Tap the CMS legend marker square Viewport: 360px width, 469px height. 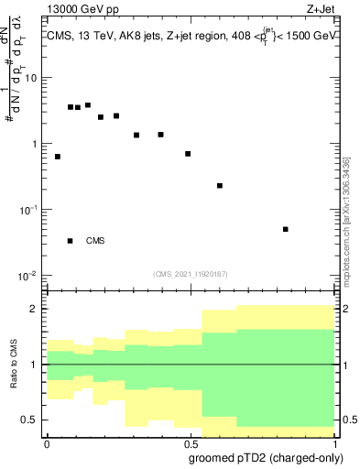pos(71,241)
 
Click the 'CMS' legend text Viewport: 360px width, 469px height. pos(95,241)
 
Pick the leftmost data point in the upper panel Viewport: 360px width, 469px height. pos(58,157)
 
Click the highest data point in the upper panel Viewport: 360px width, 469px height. pos(88,105)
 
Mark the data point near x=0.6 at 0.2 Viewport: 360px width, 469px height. pos(220,186)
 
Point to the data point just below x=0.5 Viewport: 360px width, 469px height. pos(188,154)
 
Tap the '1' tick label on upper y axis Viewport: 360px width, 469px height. pos(34,144)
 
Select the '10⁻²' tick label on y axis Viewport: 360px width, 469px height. pos(28,277)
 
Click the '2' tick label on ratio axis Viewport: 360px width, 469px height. pos(34,309)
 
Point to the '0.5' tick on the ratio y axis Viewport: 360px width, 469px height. pos(30,420)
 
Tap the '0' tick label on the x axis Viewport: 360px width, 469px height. pos(46,442)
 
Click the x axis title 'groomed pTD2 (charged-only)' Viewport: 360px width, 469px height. pos(268,457)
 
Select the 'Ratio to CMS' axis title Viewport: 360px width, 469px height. pos(13,364)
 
